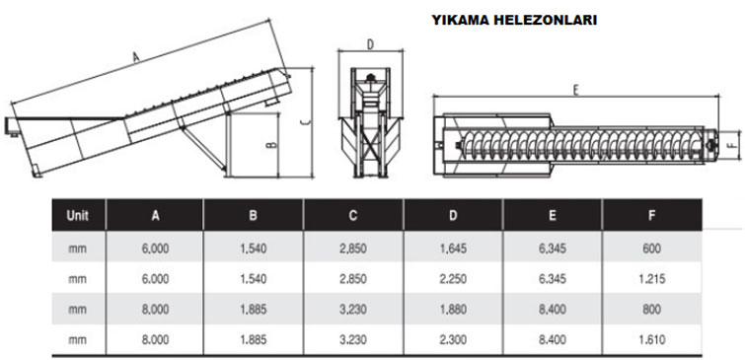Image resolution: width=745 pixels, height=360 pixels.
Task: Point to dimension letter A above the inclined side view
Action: pos(136,58)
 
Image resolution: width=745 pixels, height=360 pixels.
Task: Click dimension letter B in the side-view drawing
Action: pos(271,143)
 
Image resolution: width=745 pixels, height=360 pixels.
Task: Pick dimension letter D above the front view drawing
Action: pos(371,44)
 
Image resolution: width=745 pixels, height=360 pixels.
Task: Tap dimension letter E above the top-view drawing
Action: pos(576,90)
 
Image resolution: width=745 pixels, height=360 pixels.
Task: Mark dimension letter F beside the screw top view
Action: pos(735,141)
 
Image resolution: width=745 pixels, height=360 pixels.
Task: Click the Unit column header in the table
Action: pos(77,215)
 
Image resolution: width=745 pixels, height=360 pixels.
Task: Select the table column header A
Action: pos(155,216)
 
